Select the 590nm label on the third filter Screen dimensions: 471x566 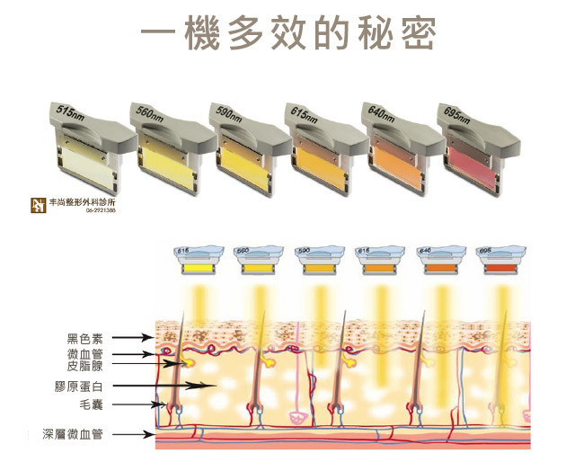tap(226, 112)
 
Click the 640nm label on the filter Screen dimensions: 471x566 tap(382, 112)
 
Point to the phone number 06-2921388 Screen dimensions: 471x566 tap(105, 212)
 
